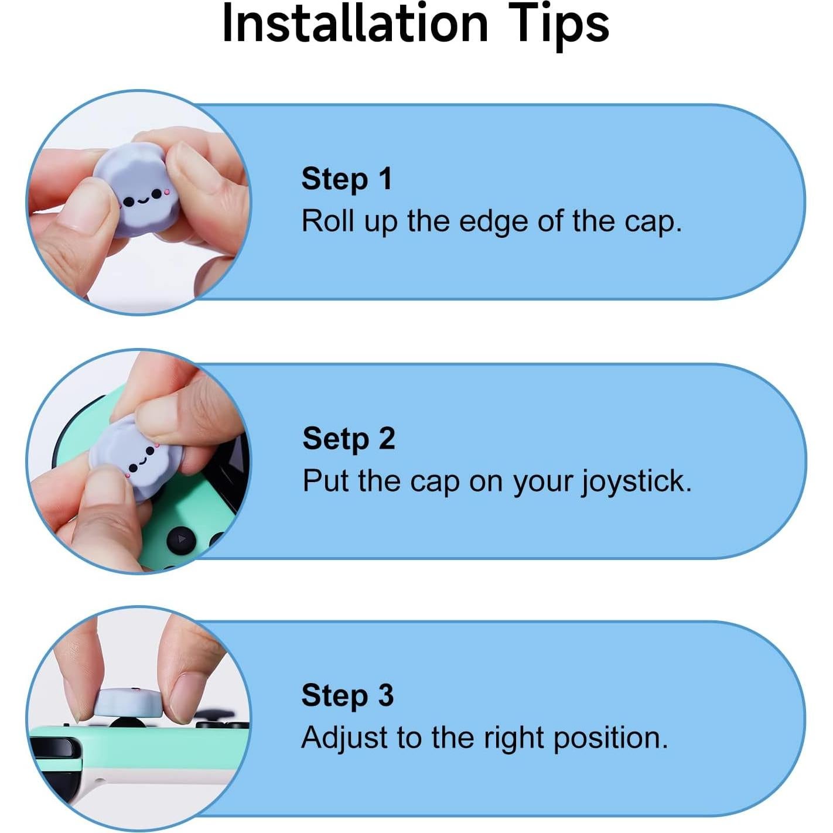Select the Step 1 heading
click(346, 179)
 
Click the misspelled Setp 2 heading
click(349, 438)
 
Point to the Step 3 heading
click(347, 695)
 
